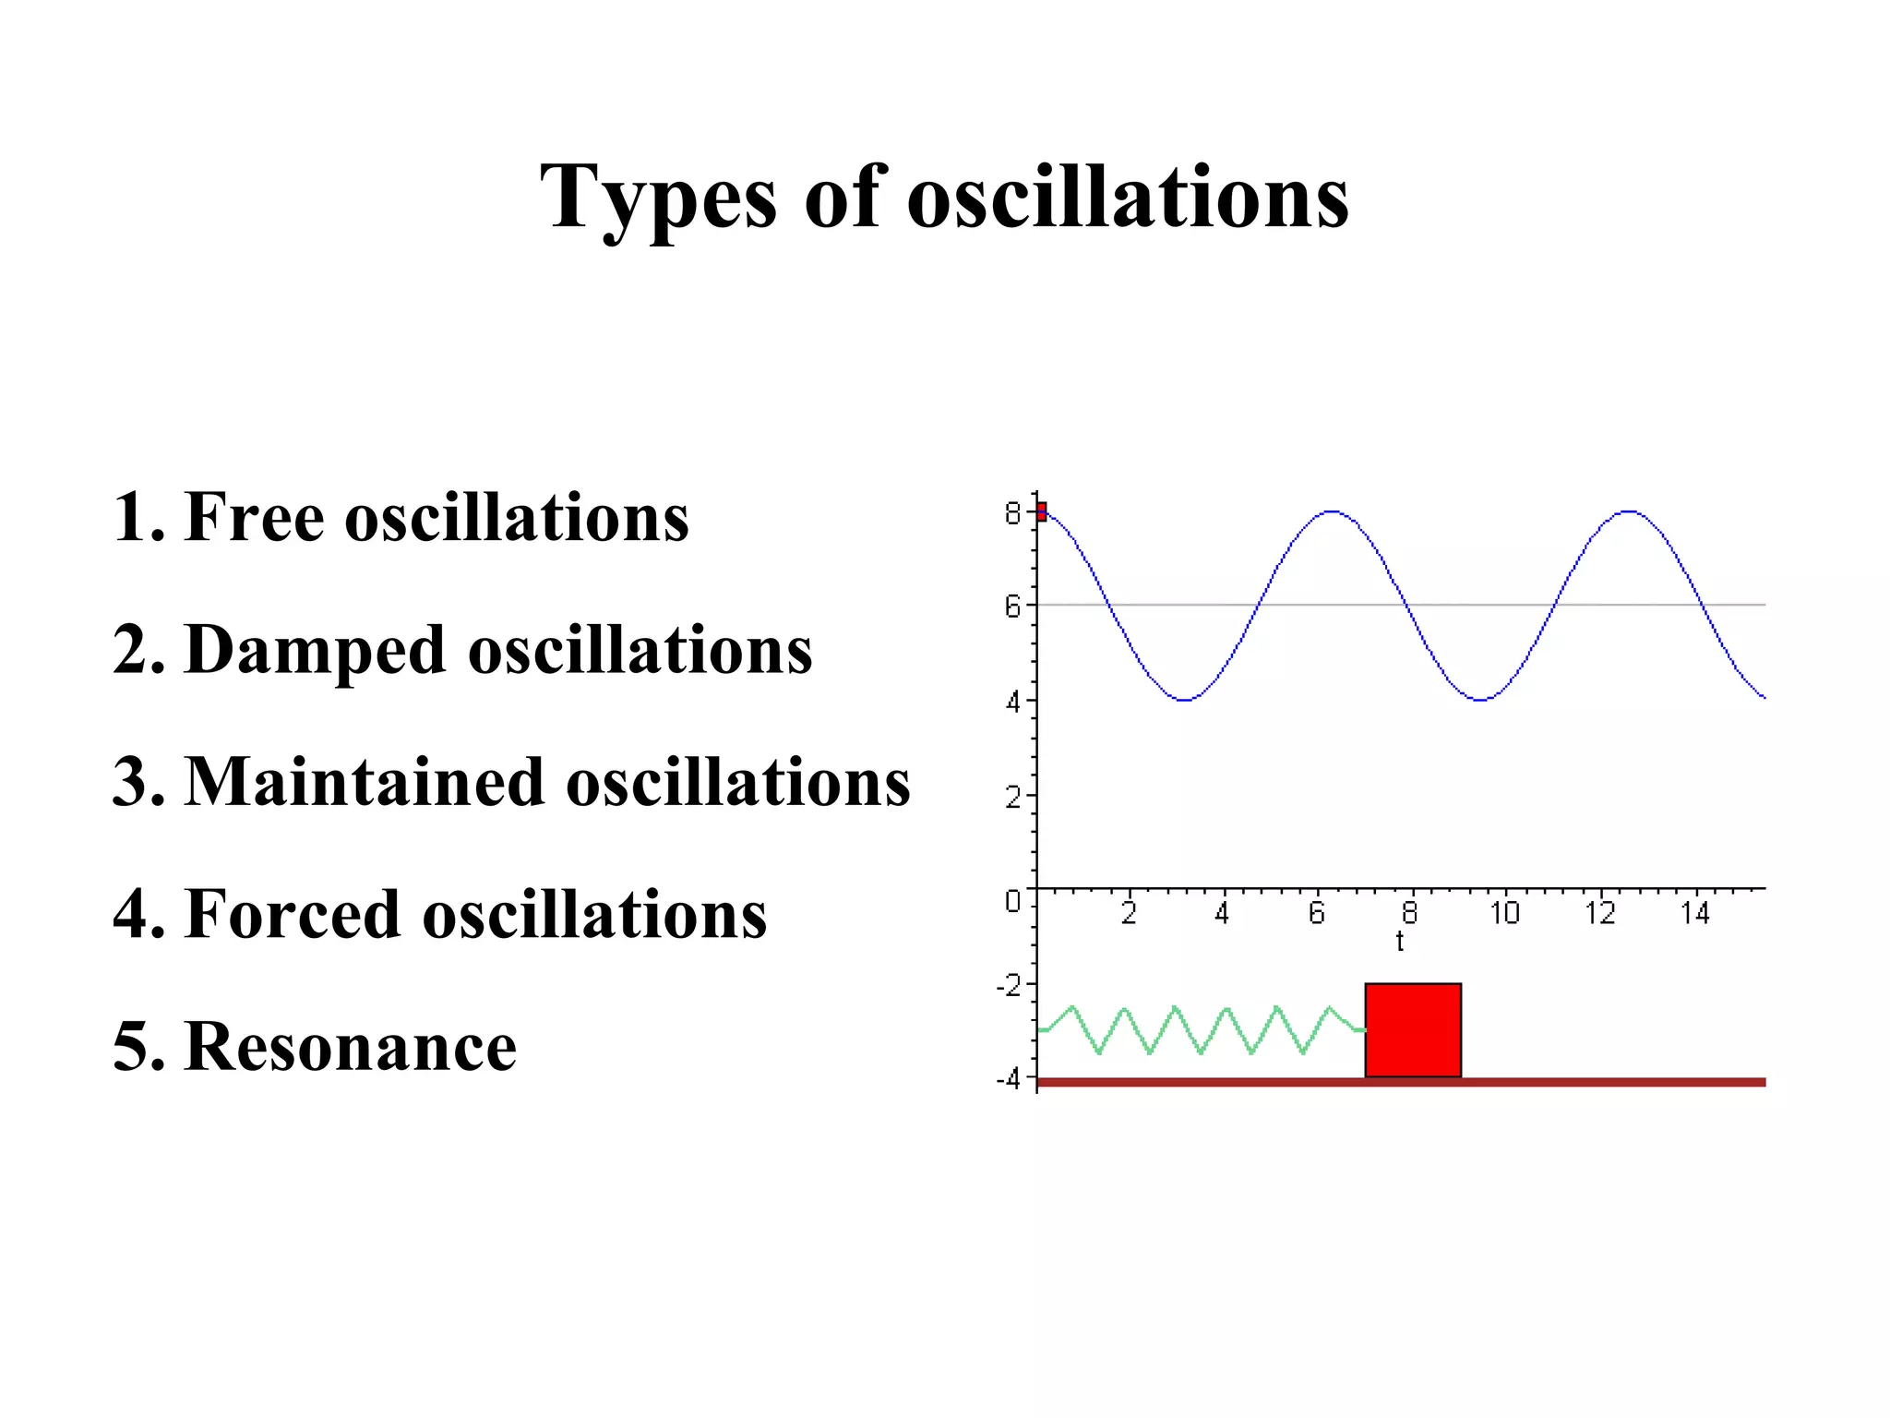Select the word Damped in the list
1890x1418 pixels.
315,650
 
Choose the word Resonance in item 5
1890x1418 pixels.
350,1047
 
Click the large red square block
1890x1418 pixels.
1412,1029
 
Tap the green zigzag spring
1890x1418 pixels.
1200,1029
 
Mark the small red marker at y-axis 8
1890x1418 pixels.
1041,511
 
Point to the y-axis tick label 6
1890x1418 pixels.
1012,607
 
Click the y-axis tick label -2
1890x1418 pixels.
1009,985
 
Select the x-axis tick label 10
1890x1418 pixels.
1503,913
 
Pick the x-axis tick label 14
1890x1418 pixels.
1693,913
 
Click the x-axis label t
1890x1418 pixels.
1400,942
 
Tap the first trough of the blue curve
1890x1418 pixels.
1185,700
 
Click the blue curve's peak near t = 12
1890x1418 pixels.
1630,511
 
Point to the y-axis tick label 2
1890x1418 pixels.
1012,796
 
